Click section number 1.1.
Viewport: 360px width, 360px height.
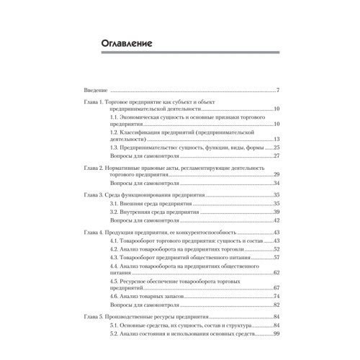(114, 116)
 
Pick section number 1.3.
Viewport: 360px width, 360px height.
(114, 146)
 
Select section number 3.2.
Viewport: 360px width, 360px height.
(114, 212)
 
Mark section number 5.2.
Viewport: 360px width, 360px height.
(114, 333)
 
